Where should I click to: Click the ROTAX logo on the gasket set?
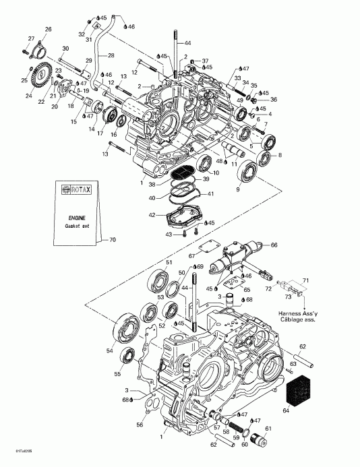pos(76,190)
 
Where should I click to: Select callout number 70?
pos(113,240)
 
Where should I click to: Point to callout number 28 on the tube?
pos(111,55)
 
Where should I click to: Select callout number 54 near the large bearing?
pos(111,350)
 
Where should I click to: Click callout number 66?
pos(274,245)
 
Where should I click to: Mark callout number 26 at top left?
pos(48,29)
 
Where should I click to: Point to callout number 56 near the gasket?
pos(140,426)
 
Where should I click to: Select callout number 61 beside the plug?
pos(267,429)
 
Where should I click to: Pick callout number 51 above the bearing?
pos(170,262)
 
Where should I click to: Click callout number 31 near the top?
pos(88,39)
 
